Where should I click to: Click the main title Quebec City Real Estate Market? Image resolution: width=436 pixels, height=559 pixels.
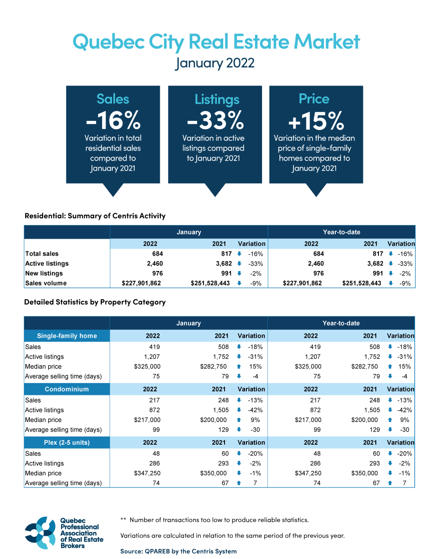point(216,42)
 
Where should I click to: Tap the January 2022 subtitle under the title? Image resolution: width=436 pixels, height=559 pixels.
point(215,63)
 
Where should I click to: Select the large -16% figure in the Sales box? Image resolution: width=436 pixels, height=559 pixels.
point(113,120)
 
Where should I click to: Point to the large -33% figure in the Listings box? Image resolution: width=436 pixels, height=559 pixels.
point(215,120)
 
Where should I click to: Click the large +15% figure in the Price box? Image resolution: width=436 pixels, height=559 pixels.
point(316,121)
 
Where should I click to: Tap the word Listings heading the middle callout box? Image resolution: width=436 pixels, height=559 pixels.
point(217,99)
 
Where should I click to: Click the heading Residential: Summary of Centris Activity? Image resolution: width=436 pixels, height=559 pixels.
point(95,216)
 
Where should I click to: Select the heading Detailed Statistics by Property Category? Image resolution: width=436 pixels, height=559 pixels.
point(95,302)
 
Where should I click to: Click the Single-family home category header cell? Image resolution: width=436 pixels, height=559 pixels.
point(67,336)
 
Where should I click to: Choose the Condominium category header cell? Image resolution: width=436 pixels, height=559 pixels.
point(67,389)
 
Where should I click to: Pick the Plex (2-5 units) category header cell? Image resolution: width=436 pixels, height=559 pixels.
point(67,442)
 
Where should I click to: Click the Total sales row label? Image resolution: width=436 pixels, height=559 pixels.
point(42,254)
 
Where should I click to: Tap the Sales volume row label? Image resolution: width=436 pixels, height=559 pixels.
point(46,283)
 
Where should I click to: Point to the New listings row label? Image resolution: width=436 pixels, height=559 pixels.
point(44,273)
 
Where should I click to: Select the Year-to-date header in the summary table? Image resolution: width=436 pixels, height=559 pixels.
point(341,232)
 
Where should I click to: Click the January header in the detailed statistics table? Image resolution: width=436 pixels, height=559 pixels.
point(188,323)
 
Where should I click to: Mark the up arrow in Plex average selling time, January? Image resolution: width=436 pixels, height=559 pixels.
point(239,483)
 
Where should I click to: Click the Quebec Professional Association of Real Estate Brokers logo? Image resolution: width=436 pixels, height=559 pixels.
point(64,533)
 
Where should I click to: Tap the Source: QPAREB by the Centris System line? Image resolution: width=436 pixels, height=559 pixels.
point(178,551)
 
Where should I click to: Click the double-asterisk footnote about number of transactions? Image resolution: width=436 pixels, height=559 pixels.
point(215,520)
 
